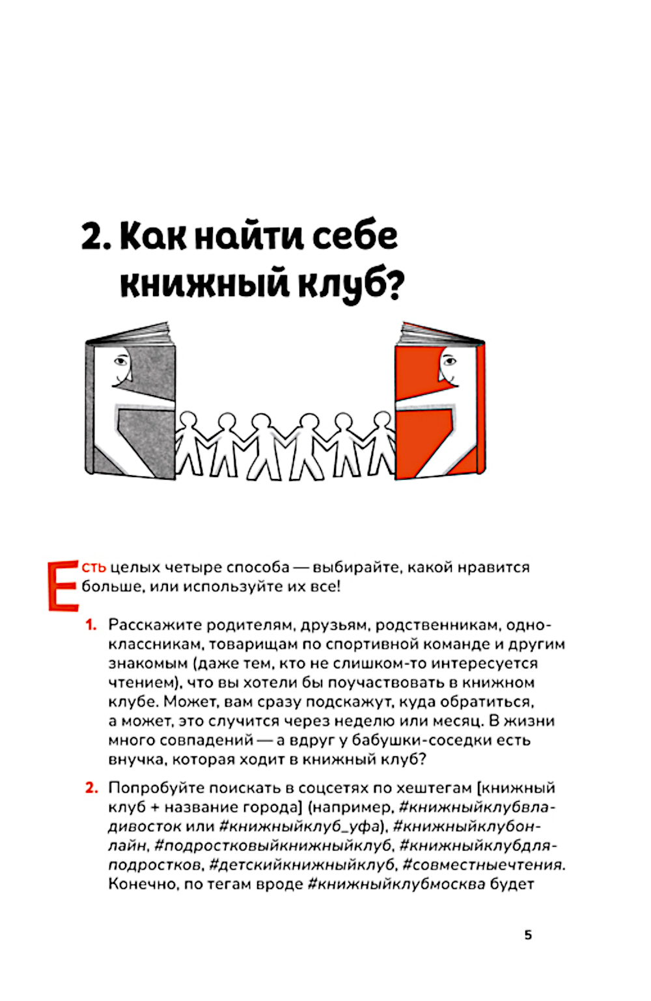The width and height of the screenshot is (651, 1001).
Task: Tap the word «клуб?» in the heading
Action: point(352,284)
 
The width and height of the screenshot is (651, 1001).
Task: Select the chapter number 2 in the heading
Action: point(92,236)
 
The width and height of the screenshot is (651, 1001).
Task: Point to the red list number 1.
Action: point(90,625)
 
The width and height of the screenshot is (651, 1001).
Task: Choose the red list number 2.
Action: point(91,788)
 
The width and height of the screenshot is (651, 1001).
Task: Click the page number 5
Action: point(528,935)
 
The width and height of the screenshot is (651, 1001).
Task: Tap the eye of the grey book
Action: point(122,359)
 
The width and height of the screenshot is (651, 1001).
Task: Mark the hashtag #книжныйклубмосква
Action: point(396,884)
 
